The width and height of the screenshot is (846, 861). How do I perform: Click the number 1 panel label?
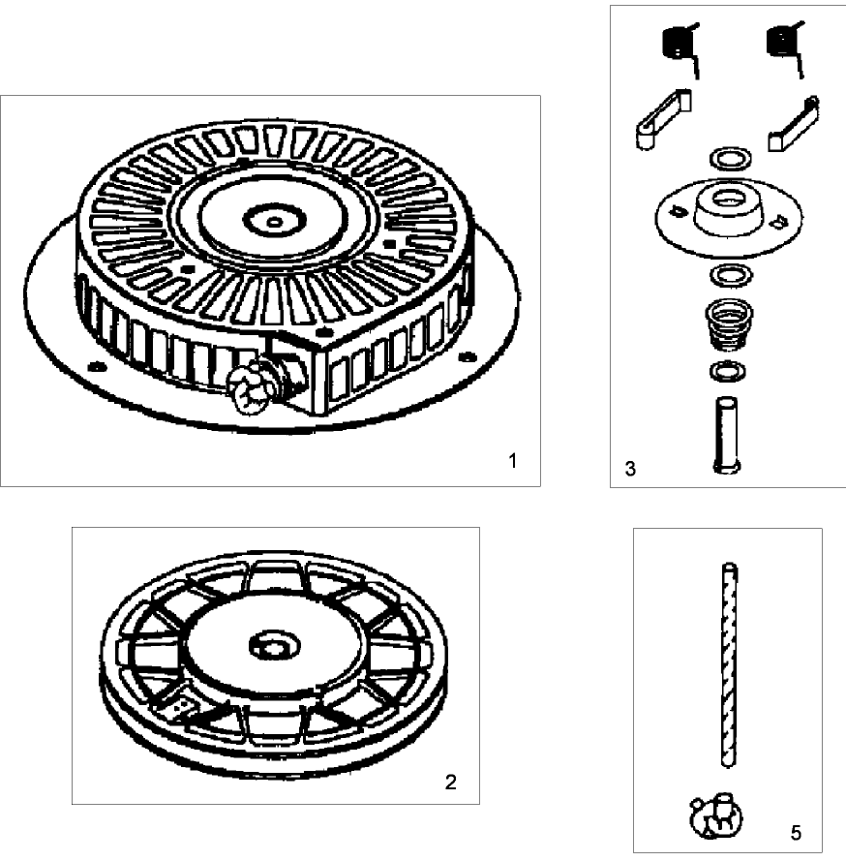pos(512,461)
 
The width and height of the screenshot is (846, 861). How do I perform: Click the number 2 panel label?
pos(450,782)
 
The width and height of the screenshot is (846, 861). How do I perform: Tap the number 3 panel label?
pos(630,469)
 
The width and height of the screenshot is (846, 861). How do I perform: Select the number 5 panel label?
pos(796,833)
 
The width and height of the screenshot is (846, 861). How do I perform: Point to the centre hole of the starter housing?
pos(274,222)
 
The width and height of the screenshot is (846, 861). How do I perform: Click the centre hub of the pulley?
pos(274,647)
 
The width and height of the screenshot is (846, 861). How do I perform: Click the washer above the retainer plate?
pos(731,159)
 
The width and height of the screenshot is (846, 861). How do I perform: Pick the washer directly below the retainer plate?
pos(732,274)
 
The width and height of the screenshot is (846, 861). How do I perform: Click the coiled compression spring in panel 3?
pos(729,324)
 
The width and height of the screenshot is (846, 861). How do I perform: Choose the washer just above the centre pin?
pos(728,372)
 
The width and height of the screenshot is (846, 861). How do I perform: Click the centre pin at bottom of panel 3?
pos(726,434)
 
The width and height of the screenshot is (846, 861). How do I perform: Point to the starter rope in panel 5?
pos(729,664)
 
